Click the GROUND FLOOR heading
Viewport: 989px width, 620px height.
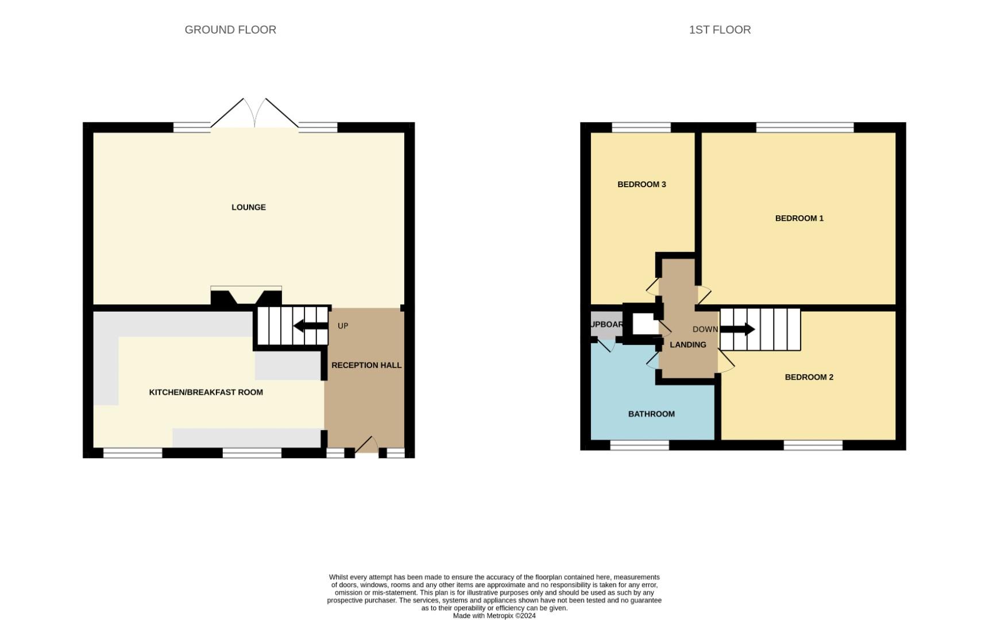tap(230, 30)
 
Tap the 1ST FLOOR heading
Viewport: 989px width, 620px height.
tap(720, 30)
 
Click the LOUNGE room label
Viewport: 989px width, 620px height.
tap(248, 207)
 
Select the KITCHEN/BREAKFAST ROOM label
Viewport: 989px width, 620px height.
tap(206, 392)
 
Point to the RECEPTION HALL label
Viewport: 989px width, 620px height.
tap(366, 365)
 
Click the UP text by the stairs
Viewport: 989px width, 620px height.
tap(343, 326)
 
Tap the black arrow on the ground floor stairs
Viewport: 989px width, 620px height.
tap(310, 326)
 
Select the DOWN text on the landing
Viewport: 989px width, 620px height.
tap(705, 329)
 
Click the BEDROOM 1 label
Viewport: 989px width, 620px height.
tap(799, 218)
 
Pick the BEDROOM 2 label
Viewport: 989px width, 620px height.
tap(809, 377)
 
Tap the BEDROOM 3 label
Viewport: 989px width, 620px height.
tap(642, 184)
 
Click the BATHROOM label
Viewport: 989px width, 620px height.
tap(651, 414)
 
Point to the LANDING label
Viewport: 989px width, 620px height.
tap(687, 344)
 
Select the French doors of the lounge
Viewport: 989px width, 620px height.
tap(254, 115)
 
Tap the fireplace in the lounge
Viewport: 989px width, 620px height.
tap(246, 296)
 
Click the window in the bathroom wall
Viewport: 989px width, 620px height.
tap(639, 445)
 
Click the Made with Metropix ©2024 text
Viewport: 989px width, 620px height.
tap(494, 616)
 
